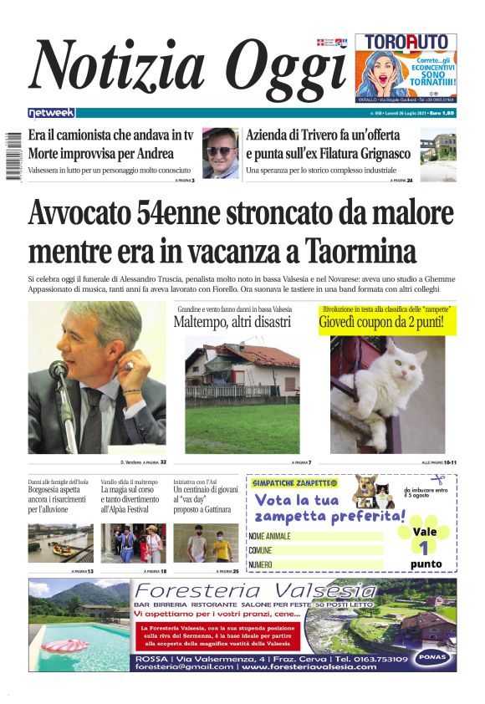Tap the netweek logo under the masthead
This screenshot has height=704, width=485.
click(x=51, y=113)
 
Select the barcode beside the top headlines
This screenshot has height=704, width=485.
click(x=13, y=154)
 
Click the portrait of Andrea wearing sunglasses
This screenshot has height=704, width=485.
click(x=221, y=153)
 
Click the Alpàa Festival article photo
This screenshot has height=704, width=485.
click(x=133, y=543)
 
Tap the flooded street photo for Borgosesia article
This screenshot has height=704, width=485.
click(x=60, y=543)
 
